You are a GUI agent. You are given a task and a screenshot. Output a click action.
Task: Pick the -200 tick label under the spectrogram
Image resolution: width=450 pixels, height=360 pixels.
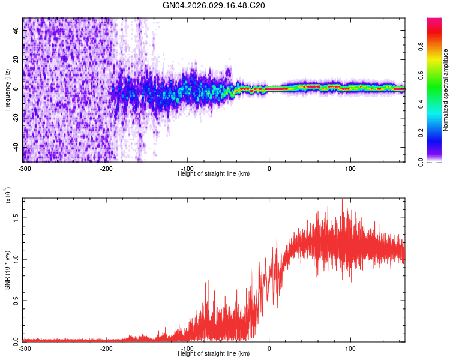point(106,168)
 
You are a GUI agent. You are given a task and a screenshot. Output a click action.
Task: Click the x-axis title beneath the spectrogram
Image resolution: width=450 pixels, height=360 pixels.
point(214,174)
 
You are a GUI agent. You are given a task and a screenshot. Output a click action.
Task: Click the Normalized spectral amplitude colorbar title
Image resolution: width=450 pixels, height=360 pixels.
point(446,90)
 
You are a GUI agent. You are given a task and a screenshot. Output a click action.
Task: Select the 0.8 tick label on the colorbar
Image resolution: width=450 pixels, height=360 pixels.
point(422,47)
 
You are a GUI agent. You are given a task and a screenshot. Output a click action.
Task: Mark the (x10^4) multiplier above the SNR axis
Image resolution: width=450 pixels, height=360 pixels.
point(8,196)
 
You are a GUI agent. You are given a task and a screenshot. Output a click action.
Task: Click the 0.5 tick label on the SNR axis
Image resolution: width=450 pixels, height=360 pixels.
point(16,300)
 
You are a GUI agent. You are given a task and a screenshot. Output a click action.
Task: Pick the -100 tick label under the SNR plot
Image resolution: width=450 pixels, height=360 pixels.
point(188,348)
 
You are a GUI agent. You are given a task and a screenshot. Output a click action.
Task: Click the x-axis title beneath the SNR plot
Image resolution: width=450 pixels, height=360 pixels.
point(214,354)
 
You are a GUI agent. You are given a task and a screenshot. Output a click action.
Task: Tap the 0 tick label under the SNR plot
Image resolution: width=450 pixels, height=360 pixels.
point(269,348)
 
